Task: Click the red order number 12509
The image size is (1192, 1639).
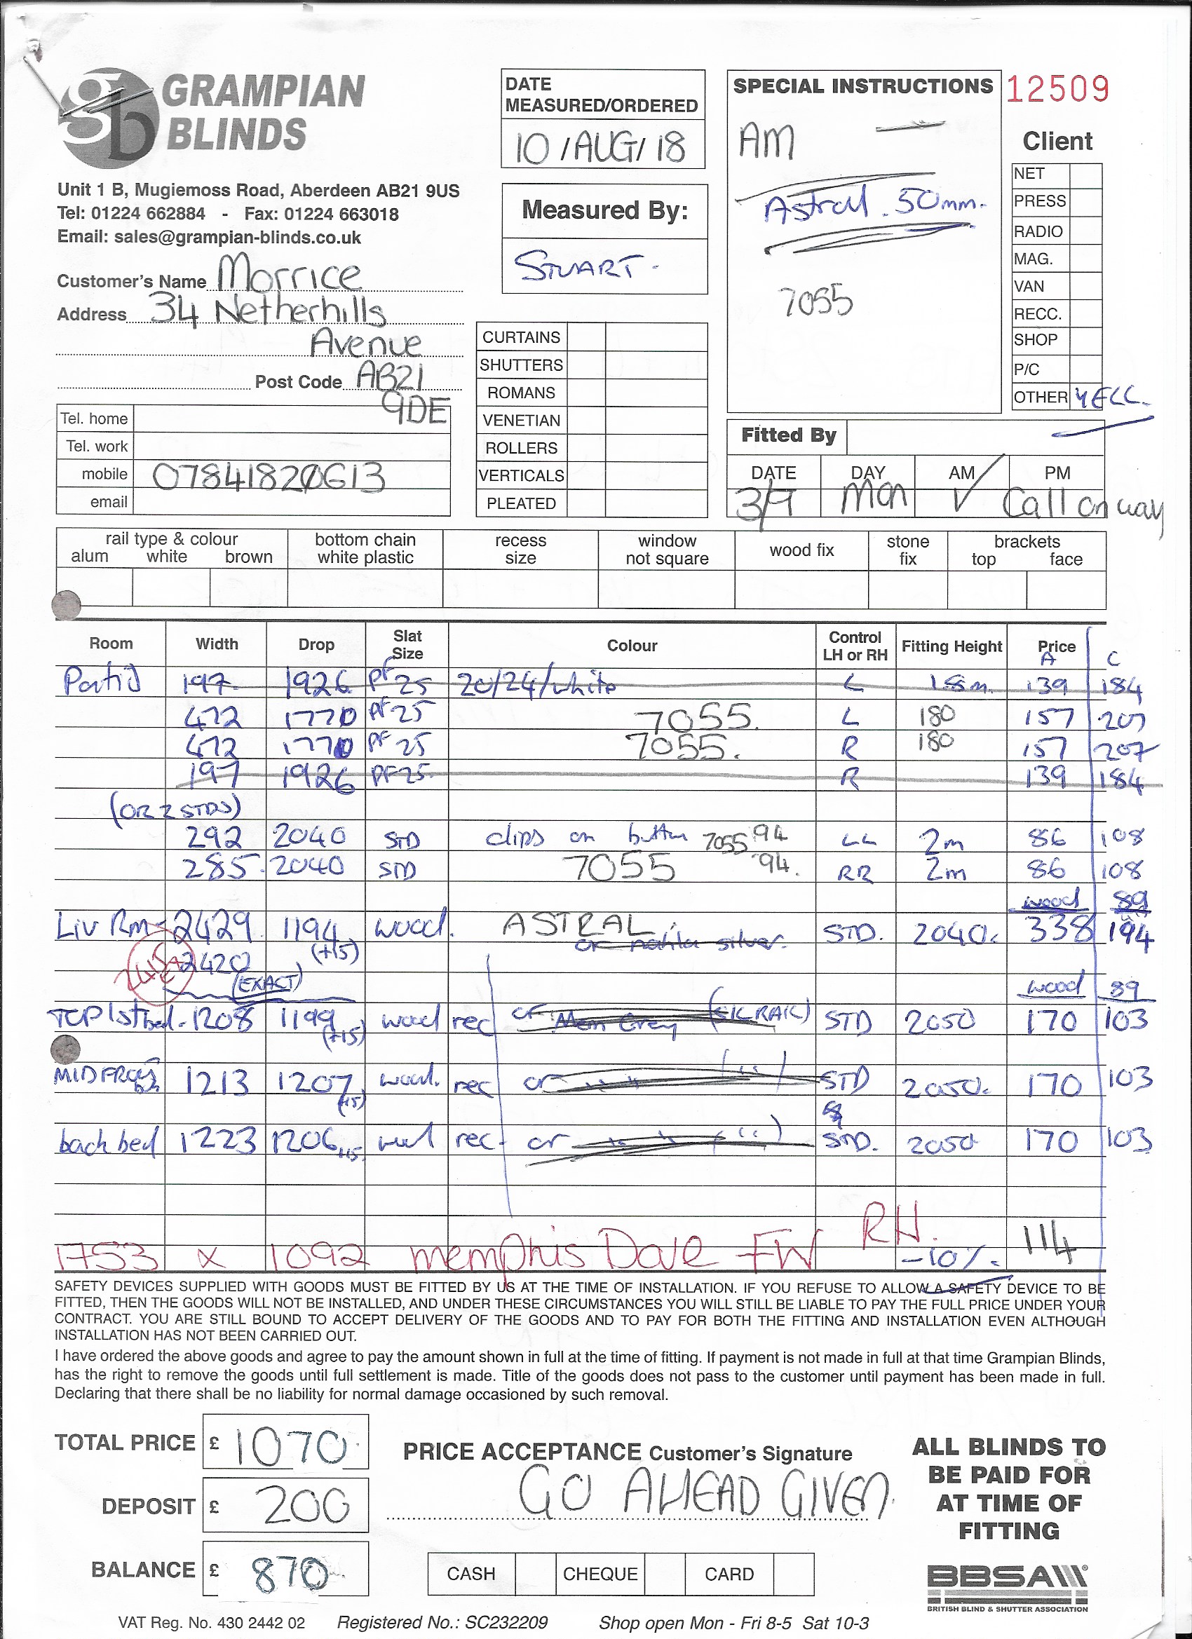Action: pyautogui.click(x=1057, y=89)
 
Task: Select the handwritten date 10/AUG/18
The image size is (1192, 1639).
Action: pyautogui.click(x=600, y=147)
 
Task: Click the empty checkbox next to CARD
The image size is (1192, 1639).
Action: pyautogui.click(x=793, y=1573)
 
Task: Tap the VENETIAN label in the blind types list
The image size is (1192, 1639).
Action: pyautogui.click(x=521, y=421)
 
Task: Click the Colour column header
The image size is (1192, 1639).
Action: pyautogui.click(x=632, y=646)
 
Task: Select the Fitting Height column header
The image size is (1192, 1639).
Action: pyautogui.click(x=951, y=646)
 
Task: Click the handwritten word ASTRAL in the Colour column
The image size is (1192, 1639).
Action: pyautogui.click(x=578, y=926)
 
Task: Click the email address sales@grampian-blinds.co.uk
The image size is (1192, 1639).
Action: pyautogui.click(x=238, y=238)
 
